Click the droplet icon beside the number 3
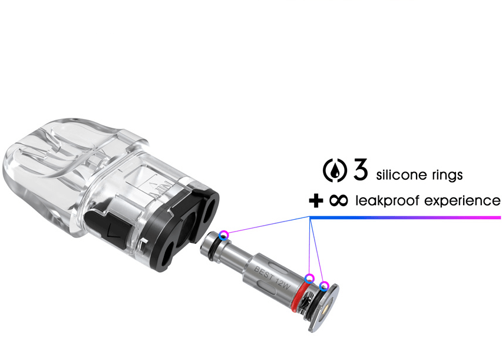pos(335,170)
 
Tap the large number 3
pos(361,169)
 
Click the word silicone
pos(402,175)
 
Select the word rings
pos(447,175)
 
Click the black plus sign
pos(316,201)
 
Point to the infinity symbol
pos(338,201)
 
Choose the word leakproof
pos(387,201)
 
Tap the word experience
pos(463,202)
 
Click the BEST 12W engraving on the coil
pos(272,278)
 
